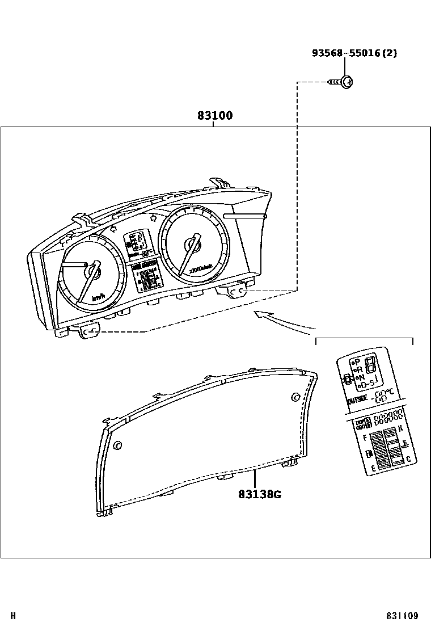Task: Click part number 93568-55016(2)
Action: click(x=354, y=53)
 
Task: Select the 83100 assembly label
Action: click(x=215, y=116)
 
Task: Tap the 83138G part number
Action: click(x=260, y=494)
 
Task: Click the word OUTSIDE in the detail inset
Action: click(x=356, y=400)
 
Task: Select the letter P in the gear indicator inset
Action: click(x=357, y=361)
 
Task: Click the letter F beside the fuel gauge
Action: click(x=364, y=438)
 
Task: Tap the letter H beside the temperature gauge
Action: click(x=400, y=428)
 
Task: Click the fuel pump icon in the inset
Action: click(x=369, y=454)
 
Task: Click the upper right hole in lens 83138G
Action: click(x=295, y=397)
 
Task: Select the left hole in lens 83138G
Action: click(x=117, y=445)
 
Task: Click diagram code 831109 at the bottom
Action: click(x=402, y=616)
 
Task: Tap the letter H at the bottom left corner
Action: click(x=13, y=616)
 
